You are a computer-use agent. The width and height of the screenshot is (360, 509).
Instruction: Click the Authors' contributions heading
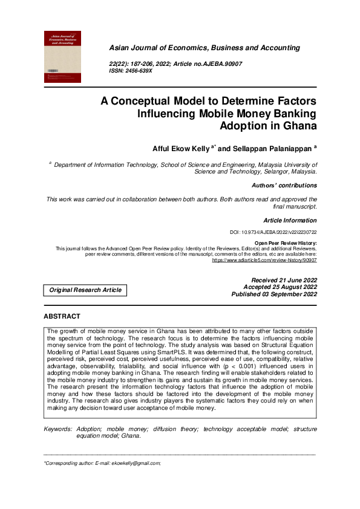click(284, 186)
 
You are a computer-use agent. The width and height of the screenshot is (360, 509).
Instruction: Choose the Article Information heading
click(290, 221)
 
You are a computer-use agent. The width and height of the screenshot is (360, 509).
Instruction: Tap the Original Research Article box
click(86, 290)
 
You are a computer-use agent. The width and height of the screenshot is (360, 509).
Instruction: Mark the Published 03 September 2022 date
click(274, 294)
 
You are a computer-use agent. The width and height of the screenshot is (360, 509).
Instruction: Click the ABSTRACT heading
click(62, 317)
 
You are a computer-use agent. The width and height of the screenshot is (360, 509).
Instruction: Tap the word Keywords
click(58, 429)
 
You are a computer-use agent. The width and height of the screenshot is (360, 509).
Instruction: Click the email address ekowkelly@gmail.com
click(138, 463)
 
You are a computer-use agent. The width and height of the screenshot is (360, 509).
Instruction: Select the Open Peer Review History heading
click(286, 242)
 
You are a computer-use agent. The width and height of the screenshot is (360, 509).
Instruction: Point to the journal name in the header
click(204, 48)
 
